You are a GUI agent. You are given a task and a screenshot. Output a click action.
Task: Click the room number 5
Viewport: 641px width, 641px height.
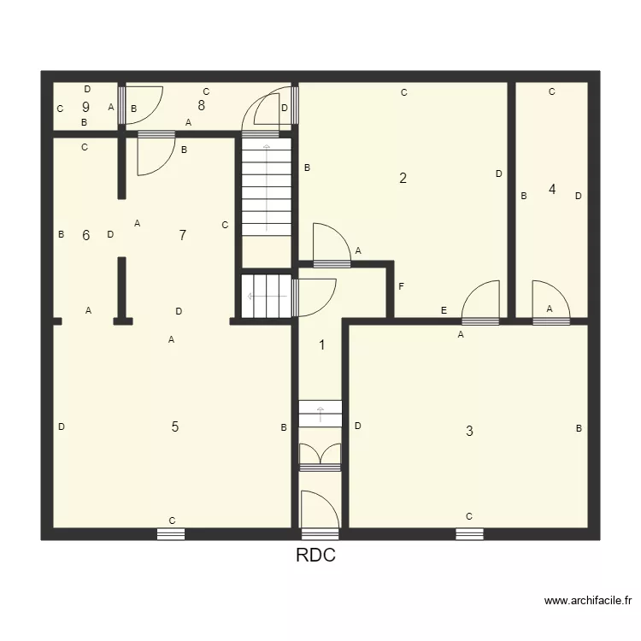click(175, 427)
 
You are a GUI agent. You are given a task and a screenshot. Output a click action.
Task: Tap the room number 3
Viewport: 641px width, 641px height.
click(469, 431)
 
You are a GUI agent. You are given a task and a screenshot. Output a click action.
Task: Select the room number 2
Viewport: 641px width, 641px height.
click(403, 179)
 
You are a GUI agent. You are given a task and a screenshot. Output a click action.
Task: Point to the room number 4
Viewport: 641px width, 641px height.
click(552, 190)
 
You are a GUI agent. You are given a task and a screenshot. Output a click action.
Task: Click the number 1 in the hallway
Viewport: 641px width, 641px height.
click(322, 345)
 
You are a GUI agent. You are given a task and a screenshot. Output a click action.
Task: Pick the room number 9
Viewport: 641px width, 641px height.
click(85, 108)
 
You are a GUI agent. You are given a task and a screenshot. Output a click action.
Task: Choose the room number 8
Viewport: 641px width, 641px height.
click(201, 106)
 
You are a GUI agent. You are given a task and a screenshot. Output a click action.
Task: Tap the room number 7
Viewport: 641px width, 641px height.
click(182, 236)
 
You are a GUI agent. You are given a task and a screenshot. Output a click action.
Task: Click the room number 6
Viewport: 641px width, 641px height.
click(85, 236)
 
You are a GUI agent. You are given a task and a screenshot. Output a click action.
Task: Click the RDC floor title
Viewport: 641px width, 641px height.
click(315, 556)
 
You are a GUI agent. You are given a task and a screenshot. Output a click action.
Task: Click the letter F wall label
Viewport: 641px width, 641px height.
click(401, 285)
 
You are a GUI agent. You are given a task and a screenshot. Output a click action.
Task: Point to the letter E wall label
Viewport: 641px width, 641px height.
click(444, 311)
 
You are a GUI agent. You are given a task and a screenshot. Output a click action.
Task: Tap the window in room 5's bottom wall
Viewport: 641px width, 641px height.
click(171, 534)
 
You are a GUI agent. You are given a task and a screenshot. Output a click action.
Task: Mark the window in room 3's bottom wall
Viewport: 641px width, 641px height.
click(469, 534)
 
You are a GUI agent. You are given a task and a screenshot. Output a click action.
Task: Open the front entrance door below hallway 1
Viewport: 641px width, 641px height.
click(320, 513)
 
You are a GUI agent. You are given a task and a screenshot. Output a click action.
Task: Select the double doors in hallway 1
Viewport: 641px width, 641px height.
click(320, 456)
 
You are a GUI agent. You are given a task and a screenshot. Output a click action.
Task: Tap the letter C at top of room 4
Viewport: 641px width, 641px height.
click(552, 91)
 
